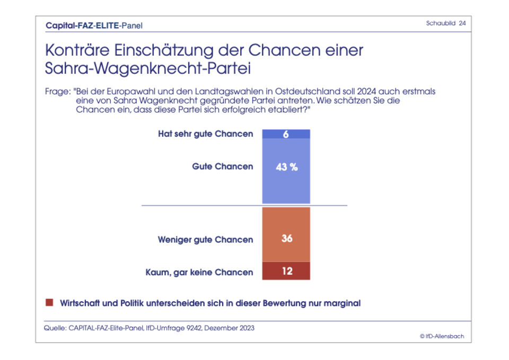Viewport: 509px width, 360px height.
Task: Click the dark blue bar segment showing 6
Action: tap(286, 134)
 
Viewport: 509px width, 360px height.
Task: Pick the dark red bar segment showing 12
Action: tap(286, 271)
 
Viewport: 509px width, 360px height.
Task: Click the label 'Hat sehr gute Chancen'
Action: tap(206, 134)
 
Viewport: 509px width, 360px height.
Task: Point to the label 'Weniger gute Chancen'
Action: tap(206, 240)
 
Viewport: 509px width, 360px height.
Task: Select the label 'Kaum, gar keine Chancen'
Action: tap(199, 273)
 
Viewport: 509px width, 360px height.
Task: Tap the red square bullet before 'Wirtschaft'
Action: tap(50, 303)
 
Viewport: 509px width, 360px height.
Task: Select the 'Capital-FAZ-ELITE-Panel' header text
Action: tap(94, 25)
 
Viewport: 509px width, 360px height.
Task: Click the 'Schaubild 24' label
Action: tap(446, 24)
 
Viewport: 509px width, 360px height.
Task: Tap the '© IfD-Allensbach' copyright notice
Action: tap(442, 336)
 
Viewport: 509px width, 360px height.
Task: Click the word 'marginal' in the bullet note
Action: tap(343, 303)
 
